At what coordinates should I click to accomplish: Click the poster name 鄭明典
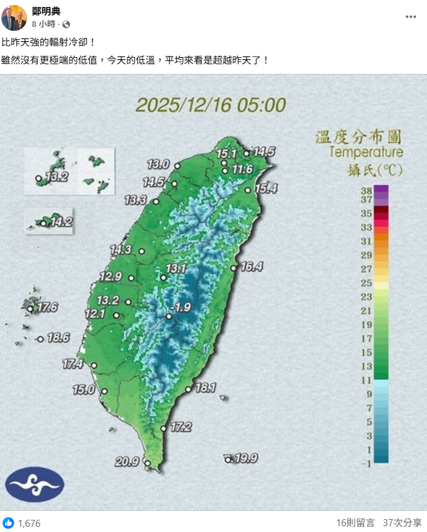pyautogui.click(x=46, y=11)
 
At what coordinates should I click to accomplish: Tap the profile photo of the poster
pyautogui.click(x=14, y=17)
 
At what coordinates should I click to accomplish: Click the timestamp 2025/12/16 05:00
pyautogui.click(x=210, y=105)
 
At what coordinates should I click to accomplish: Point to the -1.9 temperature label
pyautogui.click(x=182, y=307)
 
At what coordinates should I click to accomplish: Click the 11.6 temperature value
pyautogui.click(x=243, y=169)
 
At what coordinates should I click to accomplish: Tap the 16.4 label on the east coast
pyautogui.click(x=252, y=267)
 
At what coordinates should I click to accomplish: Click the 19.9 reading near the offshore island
pyautogui.click(x=246, y=458)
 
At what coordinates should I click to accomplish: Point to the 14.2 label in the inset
pyautogui.click(x=61, y=222)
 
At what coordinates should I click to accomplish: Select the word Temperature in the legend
pyautogui.click(x=366, y=152)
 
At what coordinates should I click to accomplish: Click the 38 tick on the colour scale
pyautogui.click(x=367, y=191)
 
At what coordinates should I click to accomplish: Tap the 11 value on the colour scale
pyautogui.click(x=367, y=380)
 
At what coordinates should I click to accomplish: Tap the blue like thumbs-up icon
pyautogui.click(x=8, y=523)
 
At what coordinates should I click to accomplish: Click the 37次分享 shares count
pyautogui.click(x=403, y=523)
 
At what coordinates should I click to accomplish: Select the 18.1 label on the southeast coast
pyautogui.click(x=205, y=387)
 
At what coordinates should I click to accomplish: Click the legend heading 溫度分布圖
pyautogui.click(x=359, y=137)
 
